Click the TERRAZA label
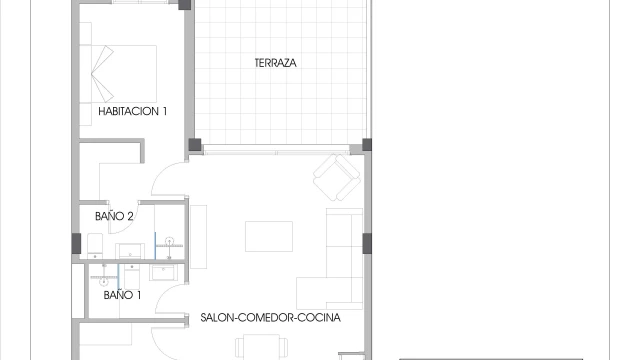pyautogui.click(x=276, y=63)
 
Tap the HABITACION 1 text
pyautogui.click(x=133, y=111)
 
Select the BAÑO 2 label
pyautogui.click(x=114, y=216)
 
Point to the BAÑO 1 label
pyautogui.click(x=122, y=295)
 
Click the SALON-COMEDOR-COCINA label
pyautogui.click(x=271, y=318)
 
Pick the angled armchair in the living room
pyautogui.click(x=337, y=177)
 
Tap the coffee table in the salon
pyautogui.click(x=269, y=236)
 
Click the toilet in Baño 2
pyautogui.click(x=95, y=246)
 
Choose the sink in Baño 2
pyautogui.click(x=130, y=251)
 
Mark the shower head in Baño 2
pyautogui.click(x=169, y=241)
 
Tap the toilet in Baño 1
pyautogui.click(x=132, y=276)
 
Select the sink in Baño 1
pyautogui.click(x=164, y=272)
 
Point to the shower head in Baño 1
pyautogui.click(x=104, y=281)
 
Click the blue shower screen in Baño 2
pyautogui.click(x=155, y=246)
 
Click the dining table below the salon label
pyautogui.click(x=261, y=347)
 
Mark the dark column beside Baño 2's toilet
pyautogui.click(x=76, y=243)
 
